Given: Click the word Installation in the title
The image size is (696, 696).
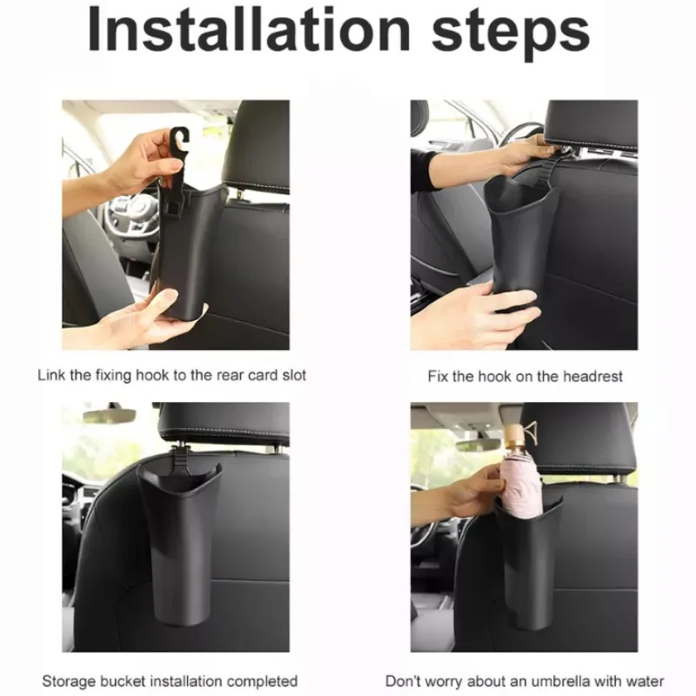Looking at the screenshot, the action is tap(249, 30).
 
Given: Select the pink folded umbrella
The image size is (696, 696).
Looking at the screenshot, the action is tap(521, 486).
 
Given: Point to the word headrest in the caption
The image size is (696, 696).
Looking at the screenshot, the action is tap(592, 377).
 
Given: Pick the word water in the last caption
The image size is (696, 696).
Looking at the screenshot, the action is tap(645, 681).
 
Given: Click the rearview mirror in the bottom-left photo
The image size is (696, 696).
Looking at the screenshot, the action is tap(109, 415).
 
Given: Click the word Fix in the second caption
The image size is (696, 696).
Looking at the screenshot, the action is tap(438, 377).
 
